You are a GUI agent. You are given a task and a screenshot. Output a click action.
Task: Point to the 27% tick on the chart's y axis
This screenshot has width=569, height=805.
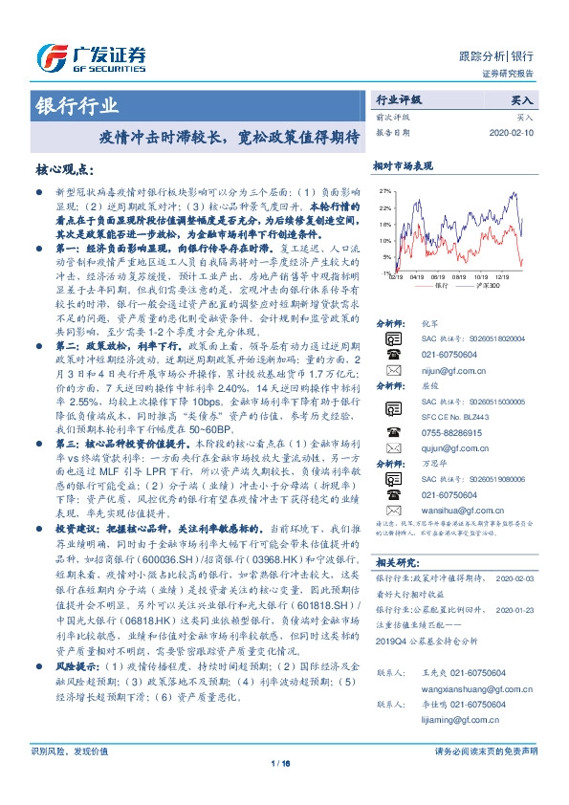click(384, 191)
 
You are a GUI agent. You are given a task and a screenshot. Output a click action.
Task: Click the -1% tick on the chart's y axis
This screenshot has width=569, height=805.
click(385, 272)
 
